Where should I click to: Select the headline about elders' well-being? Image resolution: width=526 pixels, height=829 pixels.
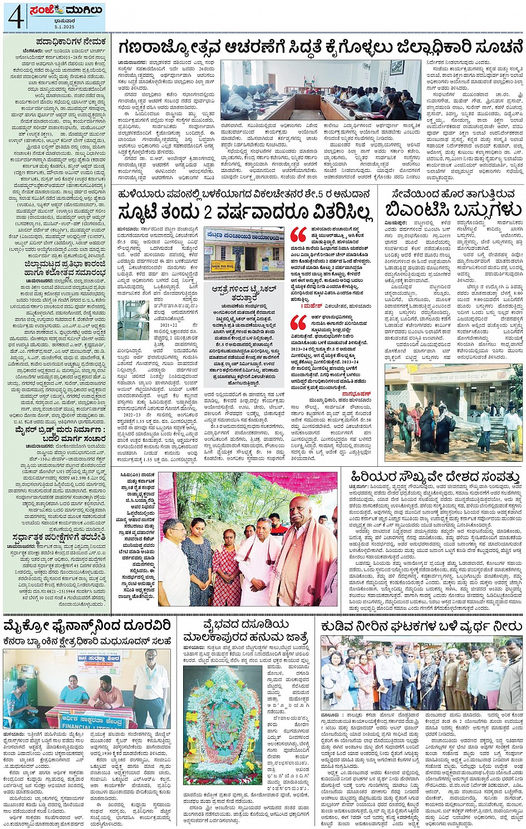click(435, 477)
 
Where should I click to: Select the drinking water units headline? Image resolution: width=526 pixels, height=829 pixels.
click(421, 626)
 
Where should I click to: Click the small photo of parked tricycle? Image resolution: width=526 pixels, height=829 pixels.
click(132, 320)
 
